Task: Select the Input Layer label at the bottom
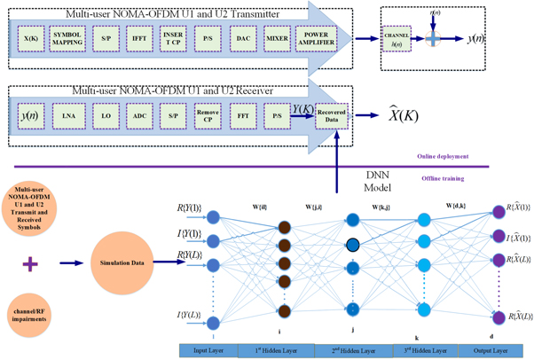pyautogui.click(x=207, y=351)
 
